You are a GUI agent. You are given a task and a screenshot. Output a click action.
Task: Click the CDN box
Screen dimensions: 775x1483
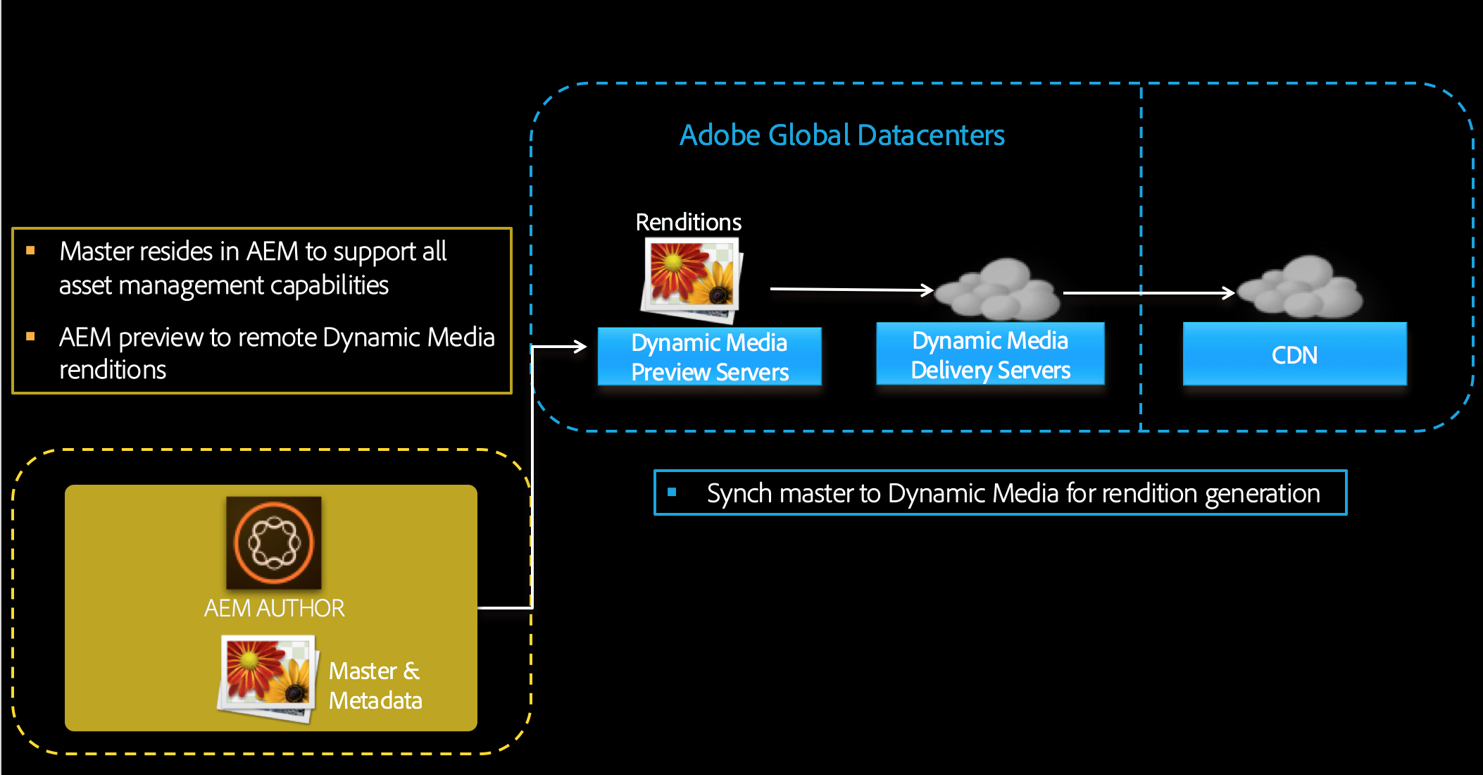(x=1294, y=354)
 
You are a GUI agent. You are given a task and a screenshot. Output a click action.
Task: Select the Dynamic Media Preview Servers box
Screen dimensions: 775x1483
(x=709, y=356)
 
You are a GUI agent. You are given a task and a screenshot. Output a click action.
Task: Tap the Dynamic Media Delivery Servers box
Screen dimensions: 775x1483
(x=990, y=354)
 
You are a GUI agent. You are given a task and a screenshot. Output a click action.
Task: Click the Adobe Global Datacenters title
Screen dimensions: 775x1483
(x=841, y=135)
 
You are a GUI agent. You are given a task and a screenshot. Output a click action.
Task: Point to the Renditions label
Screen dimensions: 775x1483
(x=688, y=222)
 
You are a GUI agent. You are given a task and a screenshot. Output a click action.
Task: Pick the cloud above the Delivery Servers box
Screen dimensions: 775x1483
(x=999, y=289)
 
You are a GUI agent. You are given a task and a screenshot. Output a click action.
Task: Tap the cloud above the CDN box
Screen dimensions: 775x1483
(x=1301, y=287)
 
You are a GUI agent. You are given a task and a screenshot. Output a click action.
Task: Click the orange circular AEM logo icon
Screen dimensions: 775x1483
(x=273, y=542)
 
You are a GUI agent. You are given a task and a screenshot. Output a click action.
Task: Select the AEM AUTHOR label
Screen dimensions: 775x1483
(x=274, y=608)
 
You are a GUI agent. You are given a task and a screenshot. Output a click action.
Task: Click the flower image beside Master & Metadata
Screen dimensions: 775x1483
(x=267, y=677)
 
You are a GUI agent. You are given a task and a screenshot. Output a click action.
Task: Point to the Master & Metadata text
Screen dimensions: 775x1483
(x=375, y=686)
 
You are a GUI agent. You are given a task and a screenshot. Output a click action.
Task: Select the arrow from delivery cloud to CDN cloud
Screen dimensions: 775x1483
(x=1148, y=292)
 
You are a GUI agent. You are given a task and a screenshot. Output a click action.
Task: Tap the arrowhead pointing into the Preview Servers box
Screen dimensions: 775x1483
(x=580, y=346)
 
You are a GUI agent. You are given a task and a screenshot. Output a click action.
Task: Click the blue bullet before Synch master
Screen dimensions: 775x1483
(x=672, y=492)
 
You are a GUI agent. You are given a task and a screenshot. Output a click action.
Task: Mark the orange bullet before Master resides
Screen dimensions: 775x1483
(x=30, y=250)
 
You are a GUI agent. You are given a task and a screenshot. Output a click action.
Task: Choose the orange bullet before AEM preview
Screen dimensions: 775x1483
(x=30, y=337)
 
